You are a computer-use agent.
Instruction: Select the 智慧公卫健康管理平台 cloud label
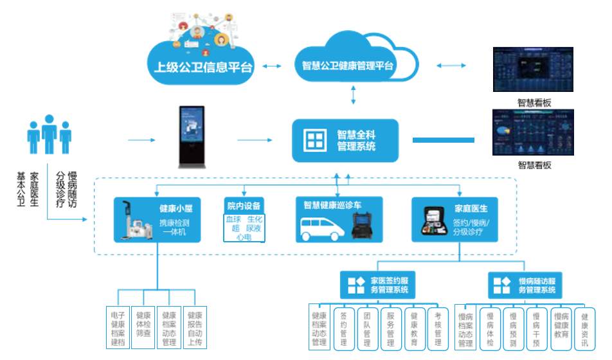[348, 66]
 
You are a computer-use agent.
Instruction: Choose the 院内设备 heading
[244, 206]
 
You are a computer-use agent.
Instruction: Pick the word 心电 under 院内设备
[244, 237]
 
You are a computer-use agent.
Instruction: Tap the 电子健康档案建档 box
[118, 328]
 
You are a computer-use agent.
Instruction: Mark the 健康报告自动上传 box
[195, 328]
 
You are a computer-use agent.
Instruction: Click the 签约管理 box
[344, 328]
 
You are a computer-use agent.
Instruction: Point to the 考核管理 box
[437, 328]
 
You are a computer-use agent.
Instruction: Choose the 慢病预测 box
[514, 328]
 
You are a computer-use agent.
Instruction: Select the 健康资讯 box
[584, 328]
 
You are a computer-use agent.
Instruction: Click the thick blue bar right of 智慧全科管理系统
[443, 139]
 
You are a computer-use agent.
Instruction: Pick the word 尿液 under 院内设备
[253, 228]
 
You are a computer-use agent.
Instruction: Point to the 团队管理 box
[367, 328]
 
